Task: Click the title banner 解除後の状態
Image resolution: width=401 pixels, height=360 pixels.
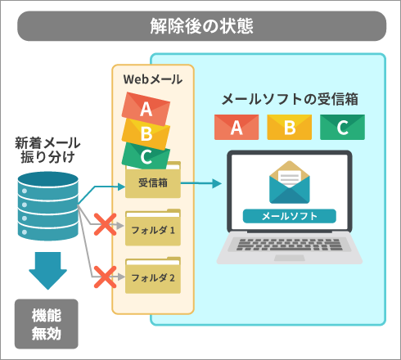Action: point(202,26)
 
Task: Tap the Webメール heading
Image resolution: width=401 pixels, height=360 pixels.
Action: point(153,79)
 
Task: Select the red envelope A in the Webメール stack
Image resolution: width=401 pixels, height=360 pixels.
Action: point(146,109)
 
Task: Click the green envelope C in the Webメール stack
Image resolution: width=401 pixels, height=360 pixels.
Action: point(145,156)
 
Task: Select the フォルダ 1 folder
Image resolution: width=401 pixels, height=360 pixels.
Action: point(153,228)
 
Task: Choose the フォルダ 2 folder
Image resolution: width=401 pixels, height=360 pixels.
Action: point(153,277)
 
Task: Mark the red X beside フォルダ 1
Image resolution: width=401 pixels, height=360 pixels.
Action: point(105,225)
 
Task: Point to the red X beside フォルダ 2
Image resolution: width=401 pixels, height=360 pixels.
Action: point(105,277)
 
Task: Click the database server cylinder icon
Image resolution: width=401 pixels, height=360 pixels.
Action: point(48,206)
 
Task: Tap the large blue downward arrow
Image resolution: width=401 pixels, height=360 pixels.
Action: point(48,271)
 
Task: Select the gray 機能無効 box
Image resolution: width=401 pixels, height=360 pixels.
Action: point(47,324)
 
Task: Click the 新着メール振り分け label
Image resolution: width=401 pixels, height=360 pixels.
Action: point(47,150)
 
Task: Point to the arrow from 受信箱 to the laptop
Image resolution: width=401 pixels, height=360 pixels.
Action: point(201,183)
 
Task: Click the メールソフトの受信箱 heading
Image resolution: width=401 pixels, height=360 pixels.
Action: point(290,99)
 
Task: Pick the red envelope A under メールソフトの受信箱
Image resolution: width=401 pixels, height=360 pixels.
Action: point(237,127)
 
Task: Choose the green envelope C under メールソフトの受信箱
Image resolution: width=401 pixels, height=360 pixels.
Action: point(342,127)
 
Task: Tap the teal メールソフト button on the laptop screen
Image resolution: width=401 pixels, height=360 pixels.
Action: point(290,216)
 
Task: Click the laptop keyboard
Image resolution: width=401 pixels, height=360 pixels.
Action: point(289,245)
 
